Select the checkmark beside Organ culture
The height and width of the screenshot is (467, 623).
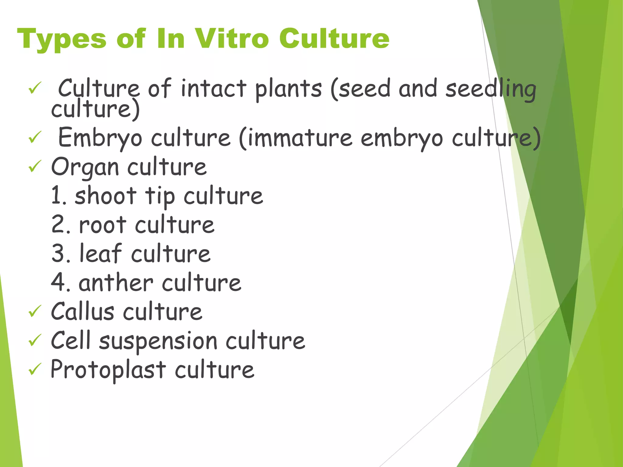click(35, 167)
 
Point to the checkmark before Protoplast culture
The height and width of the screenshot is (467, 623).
click(35, 369)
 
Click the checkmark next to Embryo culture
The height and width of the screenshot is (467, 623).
click(35, 137)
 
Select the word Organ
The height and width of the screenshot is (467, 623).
click(85, 168)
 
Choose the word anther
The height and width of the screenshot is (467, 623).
click(116, 283)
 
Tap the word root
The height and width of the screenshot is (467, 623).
click(103, 225)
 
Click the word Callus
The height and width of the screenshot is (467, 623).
click(82, 312)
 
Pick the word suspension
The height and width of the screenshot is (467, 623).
click(158, 341)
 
